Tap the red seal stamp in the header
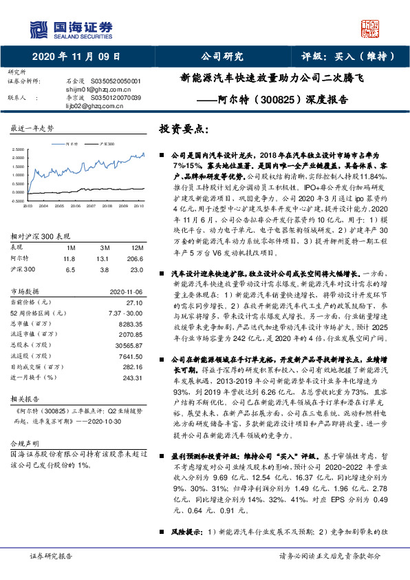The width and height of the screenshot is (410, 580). point(371,27)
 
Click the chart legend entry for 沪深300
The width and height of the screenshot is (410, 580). point(106,144)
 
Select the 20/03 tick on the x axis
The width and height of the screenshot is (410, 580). point(28,205)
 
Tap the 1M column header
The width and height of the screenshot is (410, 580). point(70,247)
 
